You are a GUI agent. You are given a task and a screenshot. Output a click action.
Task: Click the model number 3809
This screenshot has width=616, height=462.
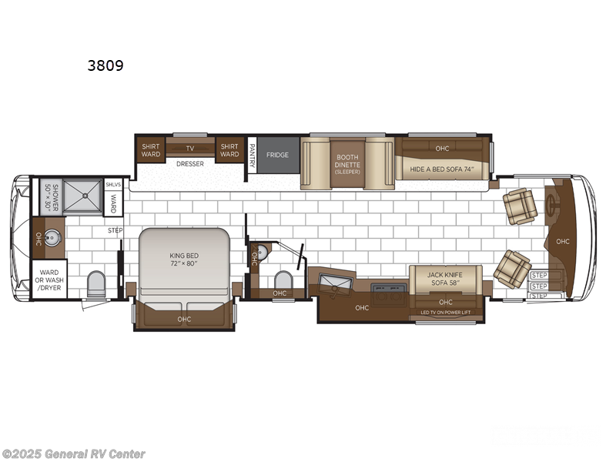pos(105,65)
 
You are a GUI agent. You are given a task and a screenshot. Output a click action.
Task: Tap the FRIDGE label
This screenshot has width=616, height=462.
pos(277,155)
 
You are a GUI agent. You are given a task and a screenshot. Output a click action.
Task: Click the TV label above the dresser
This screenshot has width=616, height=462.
pos(189,149)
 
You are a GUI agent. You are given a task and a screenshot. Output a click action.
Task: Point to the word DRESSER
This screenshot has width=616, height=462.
pos(189,163)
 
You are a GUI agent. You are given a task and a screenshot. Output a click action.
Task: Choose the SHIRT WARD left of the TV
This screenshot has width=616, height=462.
pos(149,149)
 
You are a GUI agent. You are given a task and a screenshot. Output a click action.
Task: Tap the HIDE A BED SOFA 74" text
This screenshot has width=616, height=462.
pos(441,169)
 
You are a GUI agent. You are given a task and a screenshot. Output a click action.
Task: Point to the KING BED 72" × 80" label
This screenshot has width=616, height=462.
pos(185,258)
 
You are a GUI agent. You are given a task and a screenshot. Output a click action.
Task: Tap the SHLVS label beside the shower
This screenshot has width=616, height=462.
pos(112,183)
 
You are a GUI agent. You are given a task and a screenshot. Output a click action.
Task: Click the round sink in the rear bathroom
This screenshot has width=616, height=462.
pos(53,238)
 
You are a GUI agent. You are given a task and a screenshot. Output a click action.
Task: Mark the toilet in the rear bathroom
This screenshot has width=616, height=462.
pos(96,284)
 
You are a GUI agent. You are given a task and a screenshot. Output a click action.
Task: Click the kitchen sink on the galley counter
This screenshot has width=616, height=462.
pos(336,284)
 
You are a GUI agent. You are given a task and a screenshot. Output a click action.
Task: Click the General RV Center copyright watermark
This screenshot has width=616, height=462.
pos(73,454)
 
